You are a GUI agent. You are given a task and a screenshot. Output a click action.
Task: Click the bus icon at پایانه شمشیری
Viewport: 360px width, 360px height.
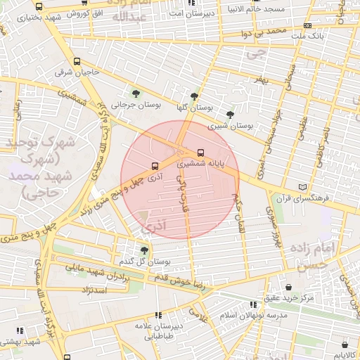(202, 153)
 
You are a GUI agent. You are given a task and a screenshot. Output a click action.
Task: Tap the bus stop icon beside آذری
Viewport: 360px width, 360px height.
(154, 167)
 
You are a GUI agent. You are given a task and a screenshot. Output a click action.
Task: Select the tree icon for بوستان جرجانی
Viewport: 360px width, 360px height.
(136, 93)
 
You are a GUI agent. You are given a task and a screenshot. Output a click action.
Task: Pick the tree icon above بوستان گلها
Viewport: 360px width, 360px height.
(194, 97)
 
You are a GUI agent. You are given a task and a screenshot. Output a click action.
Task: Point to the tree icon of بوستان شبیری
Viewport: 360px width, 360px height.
(230, 115)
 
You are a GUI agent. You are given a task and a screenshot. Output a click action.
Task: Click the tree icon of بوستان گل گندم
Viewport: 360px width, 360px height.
(144, 250)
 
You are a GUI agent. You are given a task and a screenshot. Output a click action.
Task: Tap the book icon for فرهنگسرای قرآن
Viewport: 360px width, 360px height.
(303, 187)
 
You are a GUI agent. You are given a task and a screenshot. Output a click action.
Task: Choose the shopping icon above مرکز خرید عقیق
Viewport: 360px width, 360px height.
(290, 287)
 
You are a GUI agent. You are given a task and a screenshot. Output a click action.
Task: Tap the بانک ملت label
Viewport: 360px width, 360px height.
(309, 34)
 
